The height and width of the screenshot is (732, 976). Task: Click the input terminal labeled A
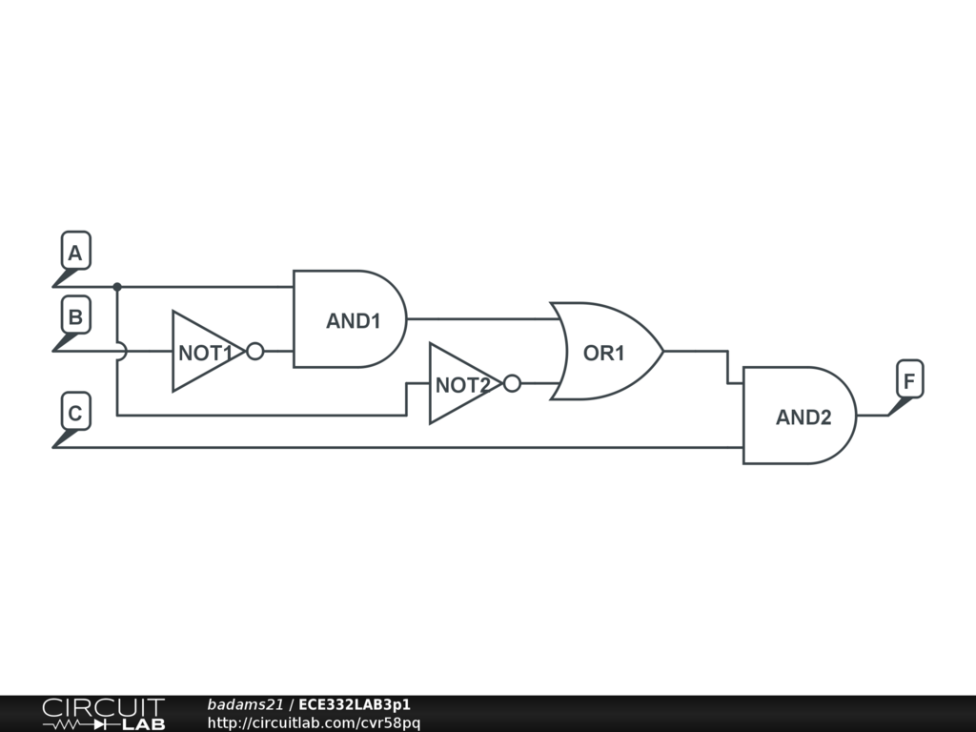(75, 254)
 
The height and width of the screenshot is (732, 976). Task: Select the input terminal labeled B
(75, 317)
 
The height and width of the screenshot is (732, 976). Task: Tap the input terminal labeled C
(75, 415)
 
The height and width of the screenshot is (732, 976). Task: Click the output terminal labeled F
(908, 382)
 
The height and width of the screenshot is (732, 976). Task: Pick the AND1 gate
(349, 319)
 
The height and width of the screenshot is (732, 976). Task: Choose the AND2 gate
(799, 416)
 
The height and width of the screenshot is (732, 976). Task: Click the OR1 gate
(604, 352)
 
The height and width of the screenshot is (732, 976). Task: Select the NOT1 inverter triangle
(202, 352)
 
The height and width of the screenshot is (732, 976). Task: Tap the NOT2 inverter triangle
(459, 384)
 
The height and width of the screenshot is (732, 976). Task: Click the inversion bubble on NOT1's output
(254, 352)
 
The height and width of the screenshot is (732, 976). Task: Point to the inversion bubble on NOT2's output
(512, 384)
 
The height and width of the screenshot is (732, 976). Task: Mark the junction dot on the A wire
(117, 286)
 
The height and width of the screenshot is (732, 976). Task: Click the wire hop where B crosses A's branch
(119, 352)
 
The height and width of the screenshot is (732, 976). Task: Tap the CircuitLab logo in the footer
(103, 714)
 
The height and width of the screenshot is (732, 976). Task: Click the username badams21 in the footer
(245, 705)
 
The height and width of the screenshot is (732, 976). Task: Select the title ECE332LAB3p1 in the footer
(355, 705)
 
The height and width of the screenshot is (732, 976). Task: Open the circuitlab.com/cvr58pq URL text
(314, 723)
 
